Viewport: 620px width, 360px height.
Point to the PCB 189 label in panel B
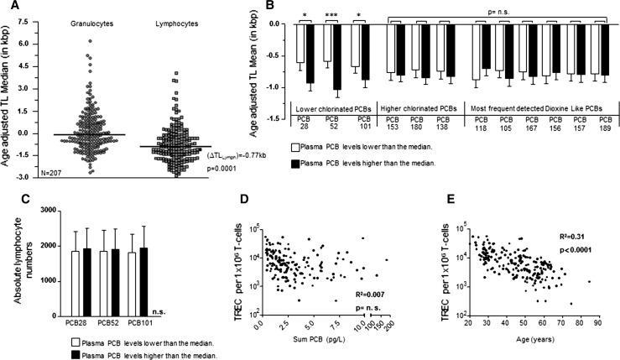click(597, 123)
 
